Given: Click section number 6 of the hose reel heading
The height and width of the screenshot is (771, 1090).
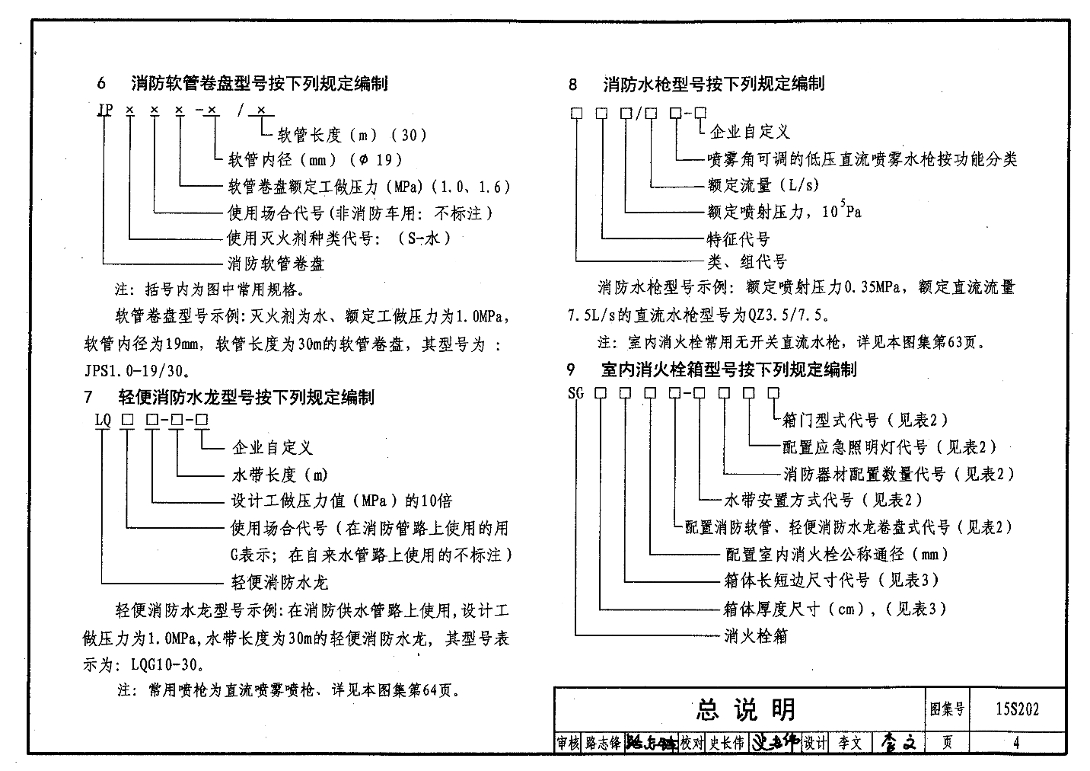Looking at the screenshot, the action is [102, 83].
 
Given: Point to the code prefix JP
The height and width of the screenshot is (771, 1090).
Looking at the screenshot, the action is [105, 110].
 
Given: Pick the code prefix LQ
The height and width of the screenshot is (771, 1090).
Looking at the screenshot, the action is [103, 420].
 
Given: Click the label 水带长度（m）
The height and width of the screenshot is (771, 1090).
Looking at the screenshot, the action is [279, 475].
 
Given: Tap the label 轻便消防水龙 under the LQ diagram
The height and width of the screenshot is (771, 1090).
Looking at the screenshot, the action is [279, 583].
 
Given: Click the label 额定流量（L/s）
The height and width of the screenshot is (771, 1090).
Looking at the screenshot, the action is [763, 185].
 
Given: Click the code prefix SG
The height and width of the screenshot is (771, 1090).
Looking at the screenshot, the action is [575, 394].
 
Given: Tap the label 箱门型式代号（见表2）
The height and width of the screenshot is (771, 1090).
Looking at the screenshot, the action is [865, 420].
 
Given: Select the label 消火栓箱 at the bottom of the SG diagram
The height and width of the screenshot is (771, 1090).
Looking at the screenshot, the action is [755, 635].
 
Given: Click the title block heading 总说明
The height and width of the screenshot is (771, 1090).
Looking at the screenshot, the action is [745, 709].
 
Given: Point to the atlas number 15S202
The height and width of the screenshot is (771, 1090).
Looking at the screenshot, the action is [1015, 709].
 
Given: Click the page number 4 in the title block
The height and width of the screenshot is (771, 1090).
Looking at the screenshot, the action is [1015, 743].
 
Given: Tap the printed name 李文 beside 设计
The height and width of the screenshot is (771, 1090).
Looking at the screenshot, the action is [849, 743].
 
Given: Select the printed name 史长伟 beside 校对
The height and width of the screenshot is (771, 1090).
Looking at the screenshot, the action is [727, 743].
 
